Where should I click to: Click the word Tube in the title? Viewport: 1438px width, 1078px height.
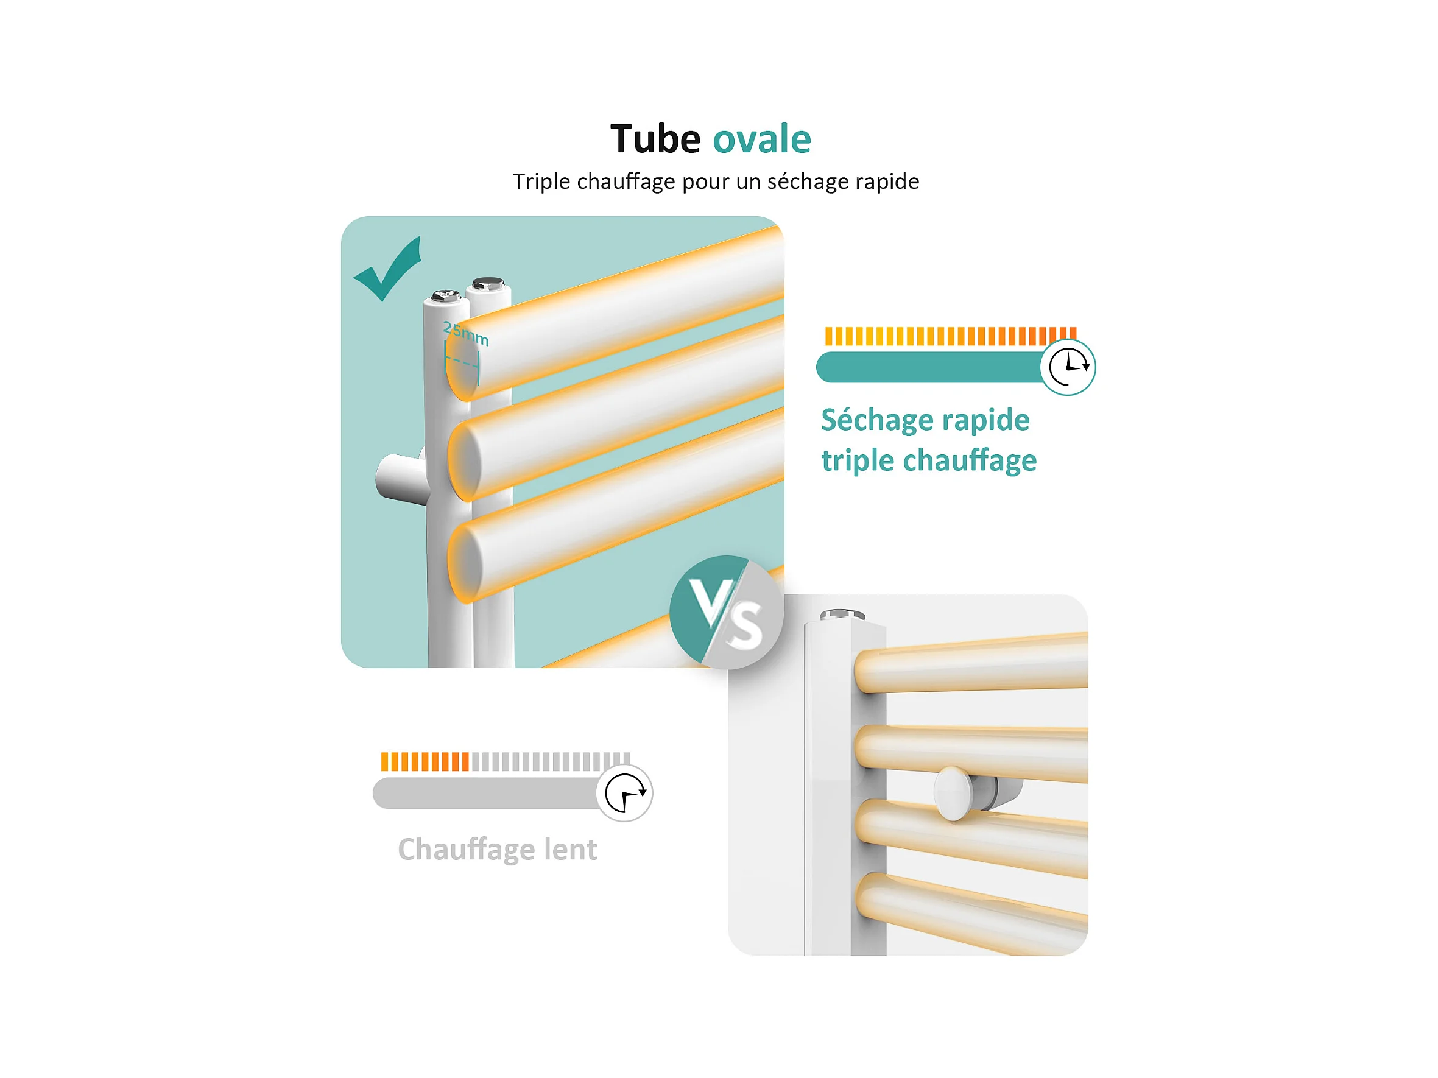655,139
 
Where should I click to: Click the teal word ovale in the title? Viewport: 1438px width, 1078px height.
762,139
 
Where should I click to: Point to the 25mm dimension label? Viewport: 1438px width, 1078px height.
465,334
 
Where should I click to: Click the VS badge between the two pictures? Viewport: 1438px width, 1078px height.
726,613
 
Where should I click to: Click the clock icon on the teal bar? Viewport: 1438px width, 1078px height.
1068,367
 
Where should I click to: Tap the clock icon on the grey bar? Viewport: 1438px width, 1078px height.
624,792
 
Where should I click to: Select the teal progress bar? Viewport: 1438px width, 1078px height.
929,367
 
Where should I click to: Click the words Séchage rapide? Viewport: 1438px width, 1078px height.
925,420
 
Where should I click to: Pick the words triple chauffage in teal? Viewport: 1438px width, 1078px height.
928,460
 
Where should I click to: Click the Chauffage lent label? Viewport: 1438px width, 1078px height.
498,849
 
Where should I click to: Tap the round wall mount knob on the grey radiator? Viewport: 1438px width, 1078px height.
954,793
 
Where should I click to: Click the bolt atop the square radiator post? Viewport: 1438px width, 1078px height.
842,615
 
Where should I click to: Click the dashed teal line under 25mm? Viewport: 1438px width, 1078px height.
462,362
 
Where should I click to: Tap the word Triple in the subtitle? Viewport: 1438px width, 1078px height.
541,181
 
